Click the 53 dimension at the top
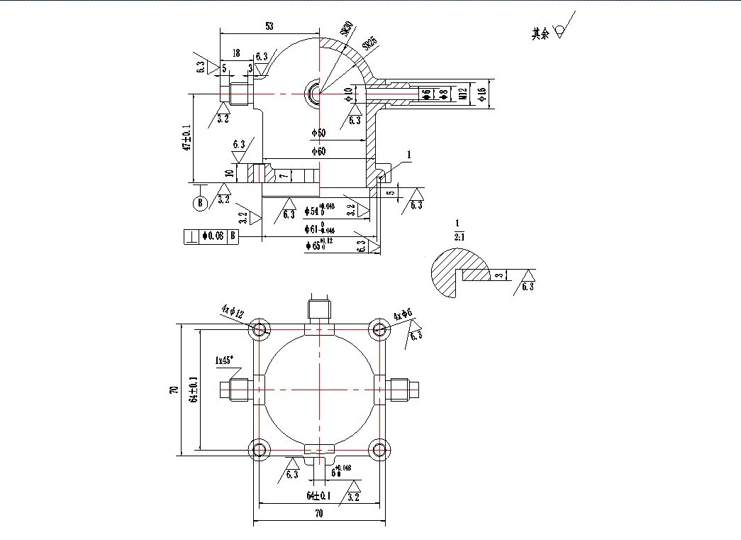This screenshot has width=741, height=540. [x=269, y=26]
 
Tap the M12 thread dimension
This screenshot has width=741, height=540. [x=462, y=94]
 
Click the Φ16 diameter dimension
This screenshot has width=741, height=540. [x=482, y=94]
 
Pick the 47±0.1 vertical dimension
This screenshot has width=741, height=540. [x=187, y=138]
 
